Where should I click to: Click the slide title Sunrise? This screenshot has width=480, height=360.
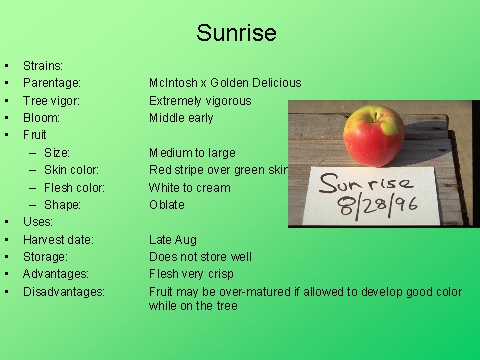pos(236,33)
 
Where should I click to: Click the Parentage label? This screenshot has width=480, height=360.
pos(52,83)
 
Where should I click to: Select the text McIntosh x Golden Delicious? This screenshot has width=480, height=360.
pos(224,83)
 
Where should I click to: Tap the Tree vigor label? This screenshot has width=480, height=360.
pos(52,101)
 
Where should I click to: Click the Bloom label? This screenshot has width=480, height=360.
pos(42,118)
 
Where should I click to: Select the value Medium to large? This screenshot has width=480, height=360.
pos(192,153)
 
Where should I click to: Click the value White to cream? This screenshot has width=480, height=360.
pos(189,187)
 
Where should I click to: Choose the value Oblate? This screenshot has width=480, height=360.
pos(167,205)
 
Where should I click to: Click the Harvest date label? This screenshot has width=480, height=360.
pos(59,240)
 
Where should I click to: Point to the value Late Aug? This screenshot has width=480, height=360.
pos(173,240)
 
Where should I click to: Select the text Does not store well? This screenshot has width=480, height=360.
pos(200,257)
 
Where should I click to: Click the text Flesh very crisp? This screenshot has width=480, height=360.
pos(192,274)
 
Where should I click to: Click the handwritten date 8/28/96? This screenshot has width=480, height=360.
pos(378,206)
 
